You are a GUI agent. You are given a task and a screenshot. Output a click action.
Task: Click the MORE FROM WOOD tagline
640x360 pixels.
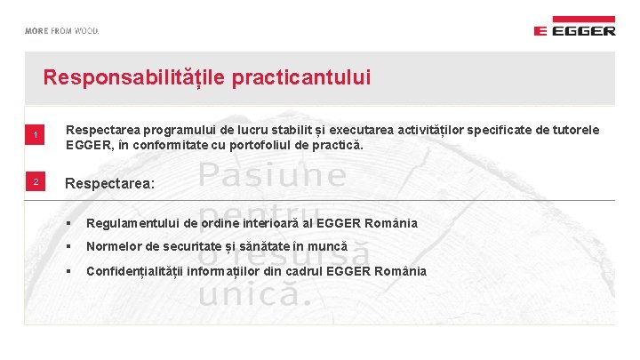62,30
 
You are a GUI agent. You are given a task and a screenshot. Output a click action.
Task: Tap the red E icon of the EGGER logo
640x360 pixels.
540,30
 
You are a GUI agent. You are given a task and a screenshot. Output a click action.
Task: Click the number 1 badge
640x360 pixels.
36,135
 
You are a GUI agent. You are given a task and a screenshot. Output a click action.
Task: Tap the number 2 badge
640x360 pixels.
36,182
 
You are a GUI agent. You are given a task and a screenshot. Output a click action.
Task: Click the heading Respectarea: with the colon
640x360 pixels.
110,183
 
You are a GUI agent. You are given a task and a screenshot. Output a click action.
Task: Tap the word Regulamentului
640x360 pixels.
131,223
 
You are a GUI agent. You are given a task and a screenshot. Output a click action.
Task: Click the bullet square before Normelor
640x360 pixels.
68,247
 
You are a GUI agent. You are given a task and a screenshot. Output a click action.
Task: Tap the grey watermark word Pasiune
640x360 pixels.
273,175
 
